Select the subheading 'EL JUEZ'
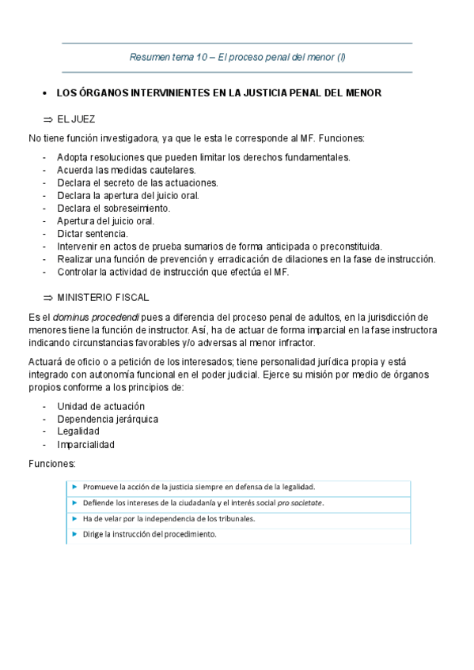click(76, 119)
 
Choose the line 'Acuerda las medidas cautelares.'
click(127, 170)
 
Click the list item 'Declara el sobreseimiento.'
click(114, 209)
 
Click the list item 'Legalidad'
click(78, 431)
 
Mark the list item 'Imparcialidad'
click(85, 444)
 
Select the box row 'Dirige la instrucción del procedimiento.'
click(150, 534)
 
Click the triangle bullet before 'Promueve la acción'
click(74, 487)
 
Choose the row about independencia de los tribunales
click(169, 518)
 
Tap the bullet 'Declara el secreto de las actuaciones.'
click(138, 183)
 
